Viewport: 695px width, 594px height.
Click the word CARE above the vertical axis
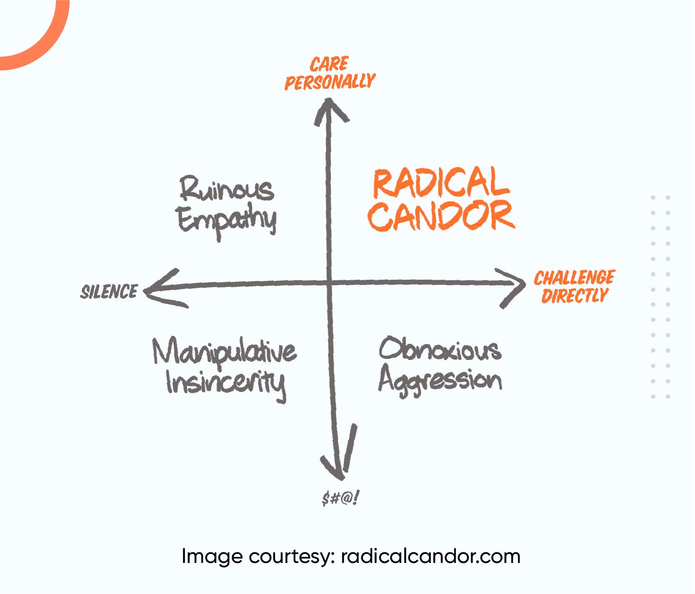pyautogui.click(x=329, y=64)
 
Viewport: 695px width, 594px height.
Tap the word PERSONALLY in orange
pyautogui.click(x=330, y=82)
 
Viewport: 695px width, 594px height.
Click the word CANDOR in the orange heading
pyautogui.click(x=441, y=216)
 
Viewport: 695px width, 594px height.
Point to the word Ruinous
pyautogui.click(x=227, y=189)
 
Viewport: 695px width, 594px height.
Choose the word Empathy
pyautogui.click(x=227, y=221)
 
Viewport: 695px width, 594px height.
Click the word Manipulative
pyautogui.click(x=224, y=352)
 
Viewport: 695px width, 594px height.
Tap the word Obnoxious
pyautogui.click(x=440, y=349)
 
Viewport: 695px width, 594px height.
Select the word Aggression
pyautogui.click(x=440, y=381)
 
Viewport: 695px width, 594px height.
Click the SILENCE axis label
pyautogui.click(x=109, y=292)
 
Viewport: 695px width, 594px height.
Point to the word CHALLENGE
pyautogui.click(x=574, y=278)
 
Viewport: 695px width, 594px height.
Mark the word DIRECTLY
pyautogui.click(x=574, y=296)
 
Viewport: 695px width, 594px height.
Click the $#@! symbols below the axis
pyautogui.click(x=341, y=498)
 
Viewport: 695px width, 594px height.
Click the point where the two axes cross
pyautogui.click(x=330, y=284)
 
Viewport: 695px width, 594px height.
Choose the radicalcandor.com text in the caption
pyautogui.click(x=431, y=556)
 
